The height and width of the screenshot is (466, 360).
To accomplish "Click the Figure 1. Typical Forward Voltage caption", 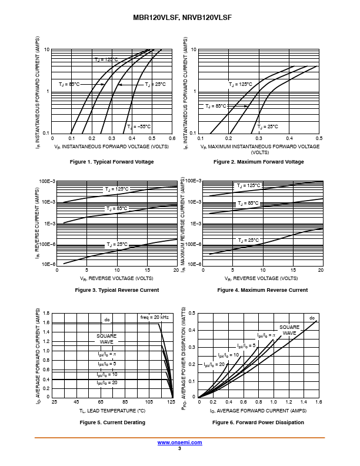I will click(x=112, y=162).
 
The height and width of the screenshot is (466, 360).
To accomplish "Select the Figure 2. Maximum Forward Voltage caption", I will click(x=259, y=162).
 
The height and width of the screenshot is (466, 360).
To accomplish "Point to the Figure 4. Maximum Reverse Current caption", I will click(x=262, y=290).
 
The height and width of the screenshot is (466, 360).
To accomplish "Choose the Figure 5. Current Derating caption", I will click(x=112, y=422).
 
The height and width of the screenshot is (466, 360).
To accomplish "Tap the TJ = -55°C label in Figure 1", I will click(x=139, y=127).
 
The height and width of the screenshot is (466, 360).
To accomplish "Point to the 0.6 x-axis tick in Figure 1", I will click(x=172, y=138).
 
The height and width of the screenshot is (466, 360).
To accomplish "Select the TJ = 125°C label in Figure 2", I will click(x=240, y=85).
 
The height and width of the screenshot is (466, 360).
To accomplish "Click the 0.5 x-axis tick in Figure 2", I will click(x=319, y=138).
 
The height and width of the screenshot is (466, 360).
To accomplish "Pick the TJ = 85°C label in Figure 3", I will click(x=116, y=209).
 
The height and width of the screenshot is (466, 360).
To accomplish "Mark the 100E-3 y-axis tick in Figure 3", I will click(x=46, y=181).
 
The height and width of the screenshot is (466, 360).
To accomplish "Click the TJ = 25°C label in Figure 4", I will click(x=248, y=240).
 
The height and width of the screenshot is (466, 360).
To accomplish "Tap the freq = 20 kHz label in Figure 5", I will click(x=154, y=317).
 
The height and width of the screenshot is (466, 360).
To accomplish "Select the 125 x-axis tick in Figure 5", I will click(x=171, y=402).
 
